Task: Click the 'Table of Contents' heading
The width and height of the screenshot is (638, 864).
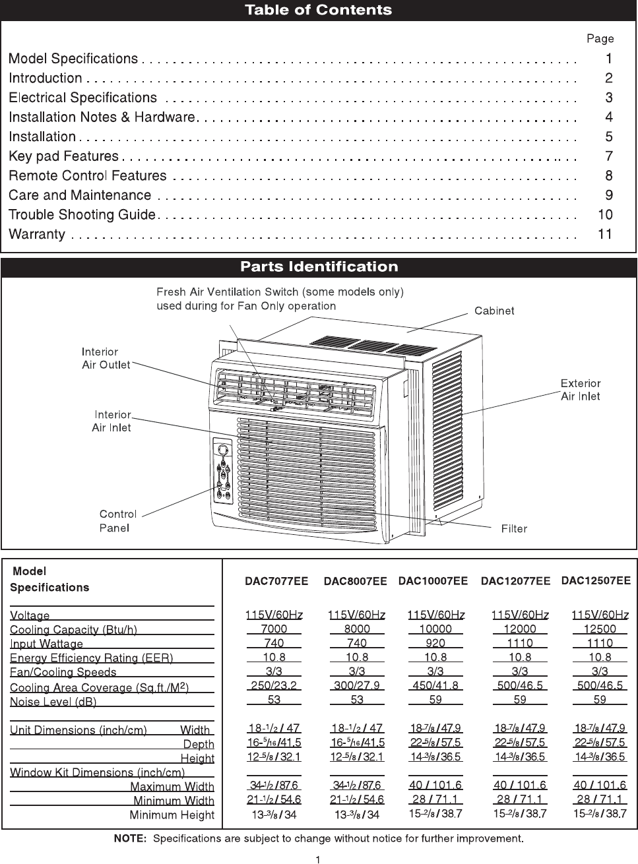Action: (318, 10)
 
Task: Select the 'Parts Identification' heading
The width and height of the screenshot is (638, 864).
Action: (319, 267)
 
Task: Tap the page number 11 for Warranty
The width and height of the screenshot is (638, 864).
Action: (605, 234)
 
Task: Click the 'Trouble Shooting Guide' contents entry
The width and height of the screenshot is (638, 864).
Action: (82, 215)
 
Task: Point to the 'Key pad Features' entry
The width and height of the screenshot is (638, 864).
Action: (63, 156)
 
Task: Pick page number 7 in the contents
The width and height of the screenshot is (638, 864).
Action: (608, 156)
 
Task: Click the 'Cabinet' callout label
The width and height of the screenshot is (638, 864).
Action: (494, 311)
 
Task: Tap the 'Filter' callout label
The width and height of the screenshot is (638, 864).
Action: (514, 528)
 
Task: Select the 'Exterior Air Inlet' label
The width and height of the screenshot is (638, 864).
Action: (580, 389)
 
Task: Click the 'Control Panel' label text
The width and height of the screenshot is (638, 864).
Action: (117, 520)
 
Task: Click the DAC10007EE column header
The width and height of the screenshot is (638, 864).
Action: (433, 581)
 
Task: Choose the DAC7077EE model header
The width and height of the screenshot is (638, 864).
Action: (276, 582)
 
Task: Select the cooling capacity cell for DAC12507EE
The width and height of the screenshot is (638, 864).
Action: (600, 629)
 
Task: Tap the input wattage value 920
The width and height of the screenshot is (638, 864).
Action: (435, 643)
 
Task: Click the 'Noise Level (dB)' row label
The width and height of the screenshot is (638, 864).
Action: (53, 702)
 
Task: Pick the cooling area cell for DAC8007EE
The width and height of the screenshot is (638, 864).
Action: (357, 685)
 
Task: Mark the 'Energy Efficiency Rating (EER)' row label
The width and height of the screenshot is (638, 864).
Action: (91, 658)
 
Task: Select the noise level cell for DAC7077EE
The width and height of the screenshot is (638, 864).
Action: (274, 699)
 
